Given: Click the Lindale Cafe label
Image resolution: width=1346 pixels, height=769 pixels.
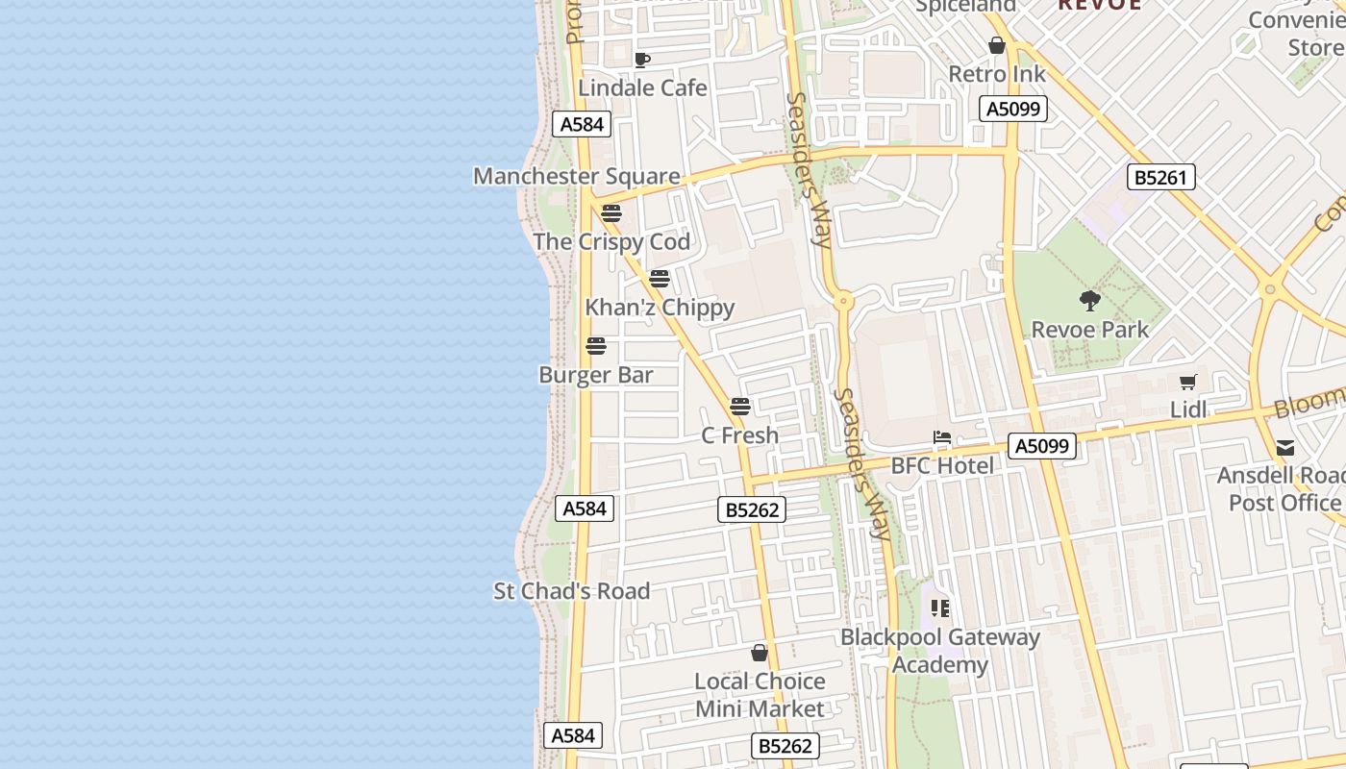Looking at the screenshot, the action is (642, 88).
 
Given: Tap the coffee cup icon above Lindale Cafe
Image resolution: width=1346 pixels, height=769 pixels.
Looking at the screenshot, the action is (642, 61).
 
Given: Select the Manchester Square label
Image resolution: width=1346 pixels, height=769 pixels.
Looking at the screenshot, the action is (576, 177).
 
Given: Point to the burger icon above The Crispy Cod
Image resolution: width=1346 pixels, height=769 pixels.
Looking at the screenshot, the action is (611, 213).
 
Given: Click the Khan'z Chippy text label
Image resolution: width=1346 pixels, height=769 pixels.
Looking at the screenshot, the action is (660, 308).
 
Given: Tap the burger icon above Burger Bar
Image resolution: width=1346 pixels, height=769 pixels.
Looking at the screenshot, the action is (596, 346).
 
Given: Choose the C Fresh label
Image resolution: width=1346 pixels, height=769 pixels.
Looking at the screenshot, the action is (739, 435).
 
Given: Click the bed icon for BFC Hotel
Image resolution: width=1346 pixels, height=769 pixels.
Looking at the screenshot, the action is (942, 438).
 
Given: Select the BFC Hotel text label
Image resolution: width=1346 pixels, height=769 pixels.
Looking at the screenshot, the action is (942, 466).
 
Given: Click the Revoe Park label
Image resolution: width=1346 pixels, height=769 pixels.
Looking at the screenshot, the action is (1089, 330).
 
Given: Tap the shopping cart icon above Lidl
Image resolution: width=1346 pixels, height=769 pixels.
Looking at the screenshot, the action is (1188, 383).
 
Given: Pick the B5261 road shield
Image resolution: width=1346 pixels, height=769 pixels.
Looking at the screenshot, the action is (1160, 177).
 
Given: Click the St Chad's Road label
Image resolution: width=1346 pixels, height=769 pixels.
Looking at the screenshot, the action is (572, 591).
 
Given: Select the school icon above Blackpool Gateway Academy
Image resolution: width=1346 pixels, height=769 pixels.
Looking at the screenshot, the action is (940, 608).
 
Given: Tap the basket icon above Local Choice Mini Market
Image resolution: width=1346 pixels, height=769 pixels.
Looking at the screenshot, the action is (760, 654).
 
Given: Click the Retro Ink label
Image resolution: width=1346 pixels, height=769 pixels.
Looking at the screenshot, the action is (997, 74).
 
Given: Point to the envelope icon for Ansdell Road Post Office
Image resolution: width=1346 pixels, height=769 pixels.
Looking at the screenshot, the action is (1285, 448).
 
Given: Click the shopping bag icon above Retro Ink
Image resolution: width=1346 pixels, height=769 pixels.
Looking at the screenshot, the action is (997, 45).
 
